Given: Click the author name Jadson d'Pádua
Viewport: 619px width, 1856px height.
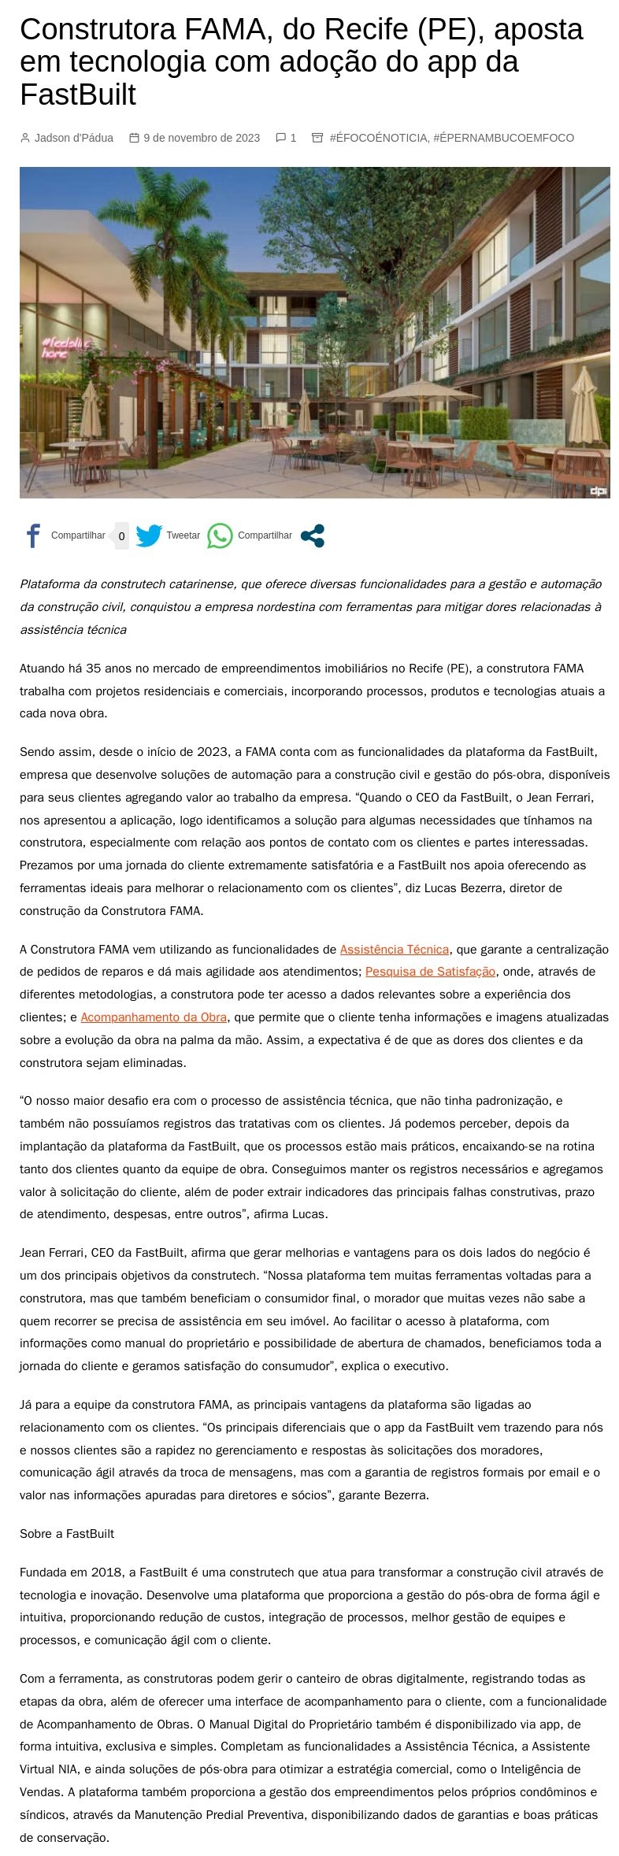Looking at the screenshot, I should click(x=74, y=138).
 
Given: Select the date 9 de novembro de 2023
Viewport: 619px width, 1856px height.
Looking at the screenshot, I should click(x=202, y=138).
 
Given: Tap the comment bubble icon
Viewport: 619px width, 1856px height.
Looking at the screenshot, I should click(x=280, y=138).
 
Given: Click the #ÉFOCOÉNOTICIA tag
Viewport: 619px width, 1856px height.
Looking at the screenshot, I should click(x=378, y=138).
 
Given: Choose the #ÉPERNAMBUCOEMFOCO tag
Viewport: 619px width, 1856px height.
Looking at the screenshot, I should click(x=504, y=138).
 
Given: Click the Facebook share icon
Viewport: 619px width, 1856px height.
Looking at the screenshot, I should click(x=33, y=535).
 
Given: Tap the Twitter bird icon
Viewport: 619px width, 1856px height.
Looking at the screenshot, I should click(x=149, y=535).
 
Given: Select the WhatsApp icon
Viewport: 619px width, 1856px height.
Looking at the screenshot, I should click(x=220, y=535).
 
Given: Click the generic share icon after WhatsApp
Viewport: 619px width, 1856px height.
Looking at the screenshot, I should click(x=313, y=535).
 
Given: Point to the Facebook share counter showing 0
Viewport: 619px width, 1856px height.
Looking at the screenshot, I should click(x=121, y=536).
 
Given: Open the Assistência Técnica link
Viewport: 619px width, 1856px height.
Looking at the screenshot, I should click(x=394, y=949).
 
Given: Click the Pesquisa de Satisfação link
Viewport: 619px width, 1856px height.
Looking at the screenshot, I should click(x=430, y=971).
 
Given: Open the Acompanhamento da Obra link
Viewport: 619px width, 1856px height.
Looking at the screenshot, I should click(x=154, y=1017).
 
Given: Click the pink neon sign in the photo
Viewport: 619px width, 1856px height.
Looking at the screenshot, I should click(x=65, y=347).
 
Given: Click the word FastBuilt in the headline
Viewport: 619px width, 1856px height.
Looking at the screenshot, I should click(x=78, y=94).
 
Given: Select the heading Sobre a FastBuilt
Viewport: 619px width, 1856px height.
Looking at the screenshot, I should click(x=67, y=1533).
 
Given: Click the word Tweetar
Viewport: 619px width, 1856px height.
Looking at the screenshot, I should click(x=183, y=535).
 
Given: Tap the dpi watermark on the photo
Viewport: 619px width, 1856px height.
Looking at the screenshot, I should click(x=599, y=491).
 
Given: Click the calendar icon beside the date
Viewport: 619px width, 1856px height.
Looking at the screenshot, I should click(x=134, y=138).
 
